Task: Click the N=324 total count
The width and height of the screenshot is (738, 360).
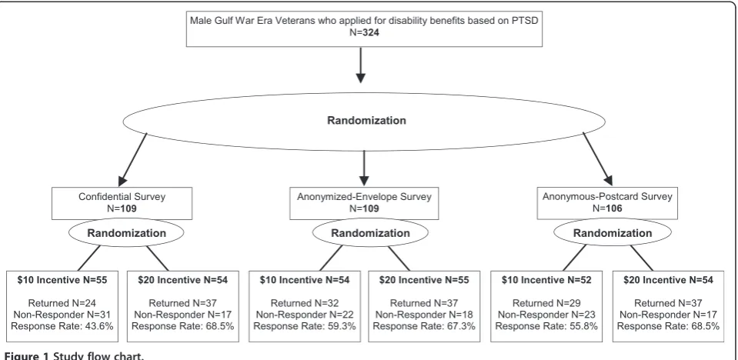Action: (364, 33)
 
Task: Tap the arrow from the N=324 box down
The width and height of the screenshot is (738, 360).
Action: (360, 65)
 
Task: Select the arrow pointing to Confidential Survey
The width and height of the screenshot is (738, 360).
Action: (132, 159)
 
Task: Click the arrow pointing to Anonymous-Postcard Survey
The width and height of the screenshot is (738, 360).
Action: (598, 159)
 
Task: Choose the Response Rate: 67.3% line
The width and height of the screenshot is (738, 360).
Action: (424, 325)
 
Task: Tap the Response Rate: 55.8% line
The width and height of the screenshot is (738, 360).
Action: (546, 325)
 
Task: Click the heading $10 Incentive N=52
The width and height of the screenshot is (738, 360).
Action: (546, 280)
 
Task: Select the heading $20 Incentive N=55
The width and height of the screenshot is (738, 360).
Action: (424, 280)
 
